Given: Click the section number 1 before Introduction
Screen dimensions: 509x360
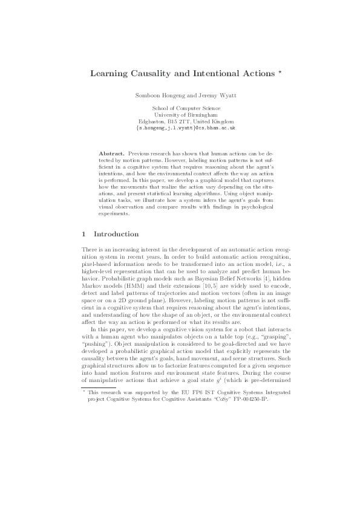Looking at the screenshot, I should tap(83, 234).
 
